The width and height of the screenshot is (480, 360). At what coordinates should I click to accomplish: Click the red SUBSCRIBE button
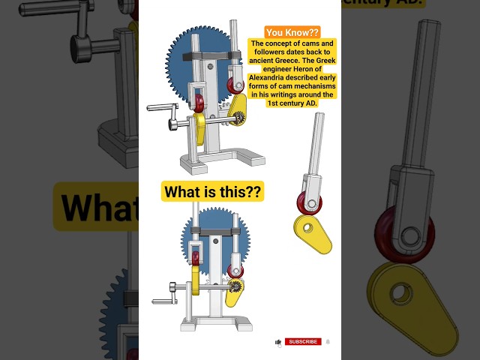[303, 342]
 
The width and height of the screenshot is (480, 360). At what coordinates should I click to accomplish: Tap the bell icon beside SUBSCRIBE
[328, 342]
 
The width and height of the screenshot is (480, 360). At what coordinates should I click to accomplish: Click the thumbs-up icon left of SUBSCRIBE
[279, 342]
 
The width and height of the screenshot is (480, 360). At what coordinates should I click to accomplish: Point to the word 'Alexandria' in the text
[277, 77]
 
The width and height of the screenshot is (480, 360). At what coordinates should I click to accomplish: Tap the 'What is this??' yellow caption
[213, 192]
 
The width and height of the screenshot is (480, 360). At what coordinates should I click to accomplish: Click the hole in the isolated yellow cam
[305, 224]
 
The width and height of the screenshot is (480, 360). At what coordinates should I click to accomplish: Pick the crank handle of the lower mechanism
[162, 301]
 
